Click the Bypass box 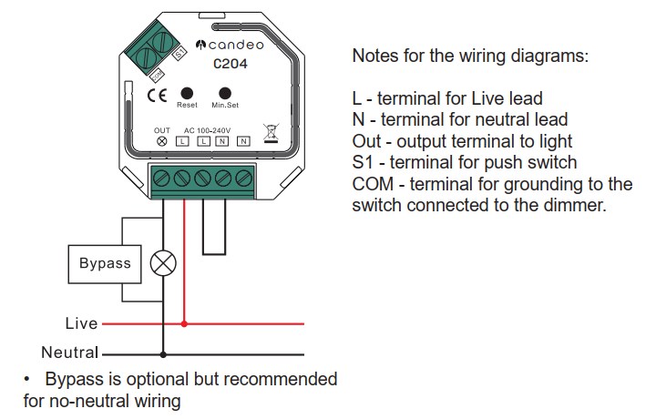point(105,264)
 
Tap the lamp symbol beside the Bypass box point(163,263)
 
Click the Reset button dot point(187,93)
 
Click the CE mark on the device point(158,96)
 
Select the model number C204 point(231,64)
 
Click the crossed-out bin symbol point(272,133)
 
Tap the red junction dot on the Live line point(184,323)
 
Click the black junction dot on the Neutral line point(163,354)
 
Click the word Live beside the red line point(82,323)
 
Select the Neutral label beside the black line point(70,353)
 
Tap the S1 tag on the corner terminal point(179,53)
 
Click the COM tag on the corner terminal point(157,76)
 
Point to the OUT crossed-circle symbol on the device point(162,141)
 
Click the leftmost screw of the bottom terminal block point(161,179)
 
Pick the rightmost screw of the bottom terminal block point(243,179)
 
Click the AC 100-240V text point(207,130)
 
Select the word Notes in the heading point(375,56)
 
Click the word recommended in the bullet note point(281,379)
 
